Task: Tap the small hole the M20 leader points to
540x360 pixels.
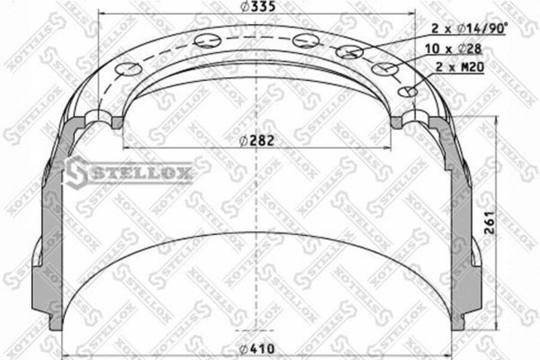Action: [407, 92]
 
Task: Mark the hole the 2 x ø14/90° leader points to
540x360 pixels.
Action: [350, 51]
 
